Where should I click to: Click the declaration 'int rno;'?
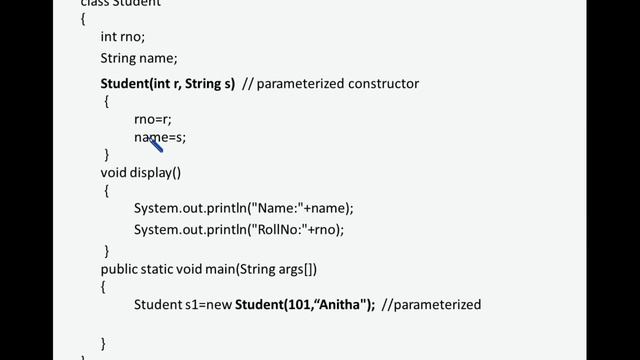[x=123, y=37]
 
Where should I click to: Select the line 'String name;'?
[x=138, y=59]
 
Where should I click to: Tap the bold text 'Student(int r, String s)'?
[x=168, y=84]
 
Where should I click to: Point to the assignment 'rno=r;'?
[x=152, y=119]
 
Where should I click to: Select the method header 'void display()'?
[x=141, y=172]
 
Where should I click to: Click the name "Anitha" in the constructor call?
[x=339, y=305]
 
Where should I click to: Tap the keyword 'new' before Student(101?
[x=219, y=305]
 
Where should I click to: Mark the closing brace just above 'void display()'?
[x=106, y=154]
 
